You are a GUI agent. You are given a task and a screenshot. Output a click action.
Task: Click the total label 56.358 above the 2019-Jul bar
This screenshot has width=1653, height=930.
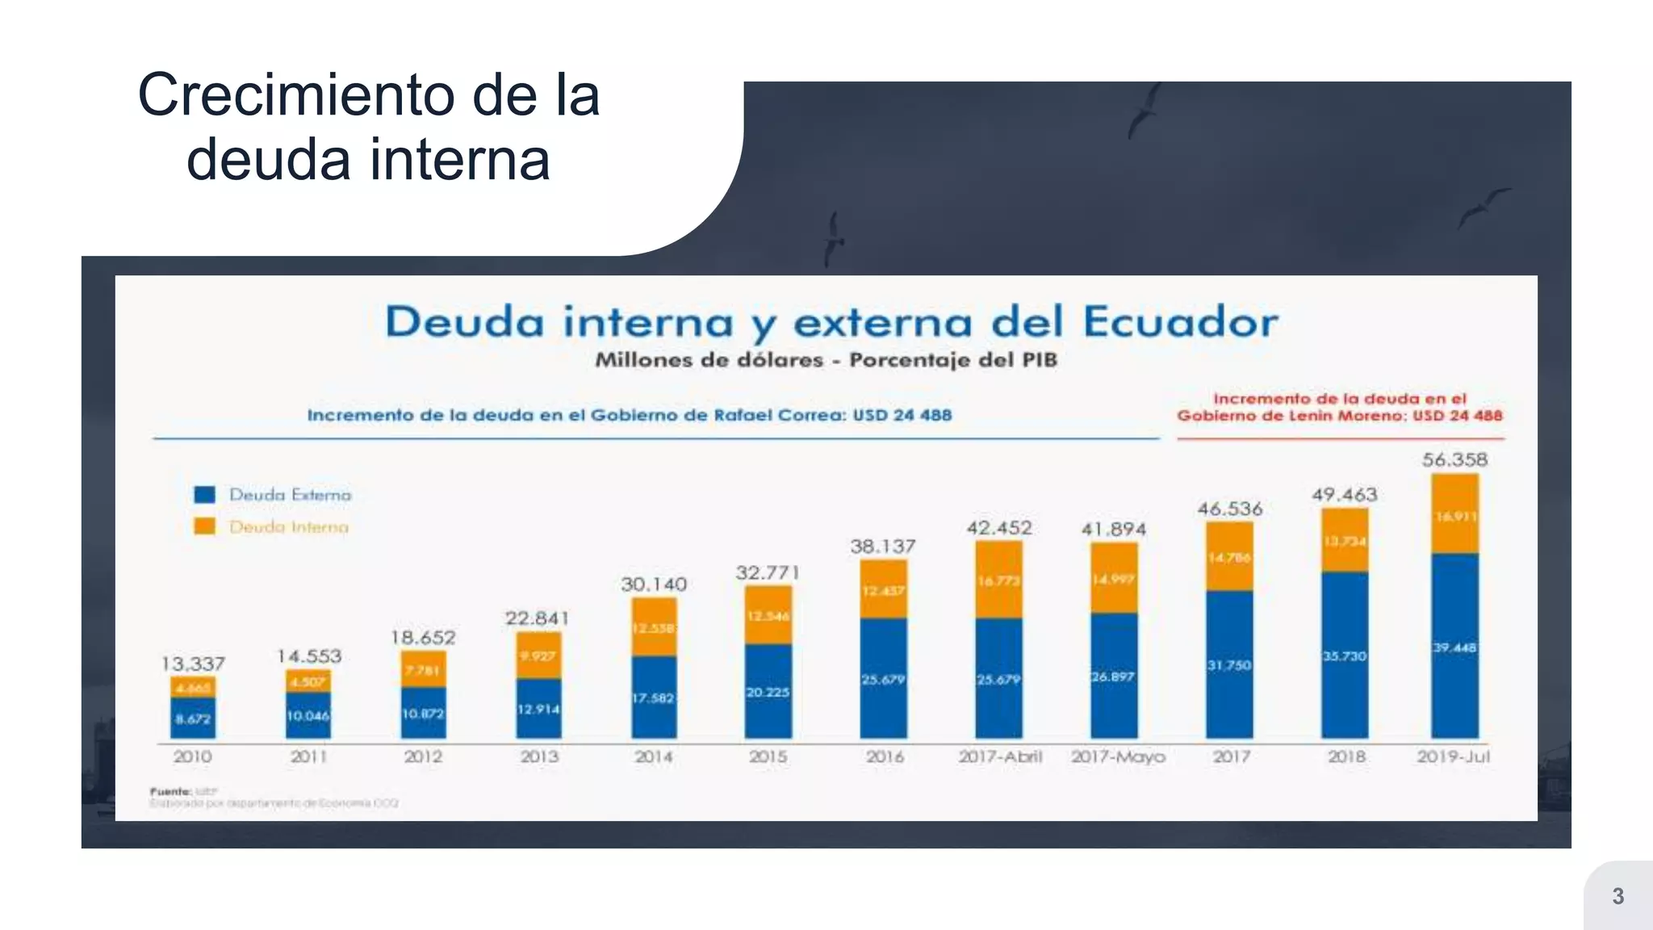[1454, 459]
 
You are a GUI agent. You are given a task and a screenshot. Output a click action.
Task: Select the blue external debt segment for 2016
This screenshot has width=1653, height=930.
[883, 678]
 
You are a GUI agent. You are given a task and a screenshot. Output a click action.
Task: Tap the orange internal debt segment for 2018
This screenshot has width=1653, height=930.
[1345, 540]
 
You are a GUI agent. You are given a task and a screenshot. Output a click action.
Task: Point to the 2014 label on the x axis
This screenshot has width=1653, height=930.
[654, 756]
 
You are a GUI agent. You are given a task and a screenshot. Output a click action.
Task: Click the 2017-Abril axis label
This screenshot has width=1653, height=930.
[1000, 756]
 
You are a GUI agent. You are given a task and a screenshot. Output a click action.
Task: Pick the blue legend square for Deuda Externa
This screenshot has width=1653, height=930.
[205, 494]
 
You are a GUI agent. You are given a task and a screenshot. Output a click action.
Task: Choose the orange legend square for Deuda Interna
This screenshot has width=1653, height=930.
[205, 526]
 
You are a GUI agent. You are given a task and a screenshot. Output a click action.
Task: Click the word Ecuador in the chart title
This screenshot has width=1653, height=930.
[1180, 322]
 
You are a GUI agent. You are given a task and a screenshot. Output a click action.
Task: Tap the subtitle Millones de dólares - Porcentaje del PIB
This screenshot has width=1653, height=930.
[826, 360]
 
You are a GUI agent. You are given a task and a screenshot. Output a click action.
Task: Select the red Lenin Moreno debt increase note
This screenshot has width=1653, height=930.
[1340, 408]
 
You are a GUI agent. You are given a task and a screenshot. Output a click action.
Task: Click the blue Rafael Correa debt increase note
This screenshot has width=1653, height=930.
[629, 415]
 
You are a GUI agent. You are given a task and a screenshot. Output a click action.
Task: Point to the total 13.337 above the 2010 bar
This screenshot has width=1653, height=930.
[193, 664]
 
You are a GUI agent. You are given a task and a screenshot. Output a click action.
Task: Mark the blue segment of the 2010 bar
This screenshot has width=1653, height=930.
[193, 718]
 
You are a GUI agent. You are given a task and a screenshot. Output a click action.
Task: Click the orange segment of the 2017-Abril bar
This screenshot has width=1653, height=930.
[999, 580]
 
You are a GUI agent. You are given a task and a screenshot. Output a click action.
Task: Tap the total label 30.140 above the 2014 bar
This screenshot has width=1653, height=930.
[654, 584]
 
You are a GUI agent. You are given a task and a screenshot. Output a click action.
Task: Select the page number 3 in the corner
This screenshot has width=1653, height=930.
[1617, 896]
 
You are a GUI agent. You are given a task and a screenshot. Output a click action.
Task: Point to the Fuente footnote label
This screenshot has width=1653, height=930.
[170, 791]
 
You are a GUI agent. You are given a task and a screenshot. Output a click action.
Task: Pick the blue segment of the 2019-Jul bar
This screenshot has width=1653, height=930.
[1454, 646]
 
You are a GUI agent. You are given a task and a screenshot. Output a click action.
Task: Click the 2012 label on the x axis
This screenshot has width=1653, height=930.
[423, 756]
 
